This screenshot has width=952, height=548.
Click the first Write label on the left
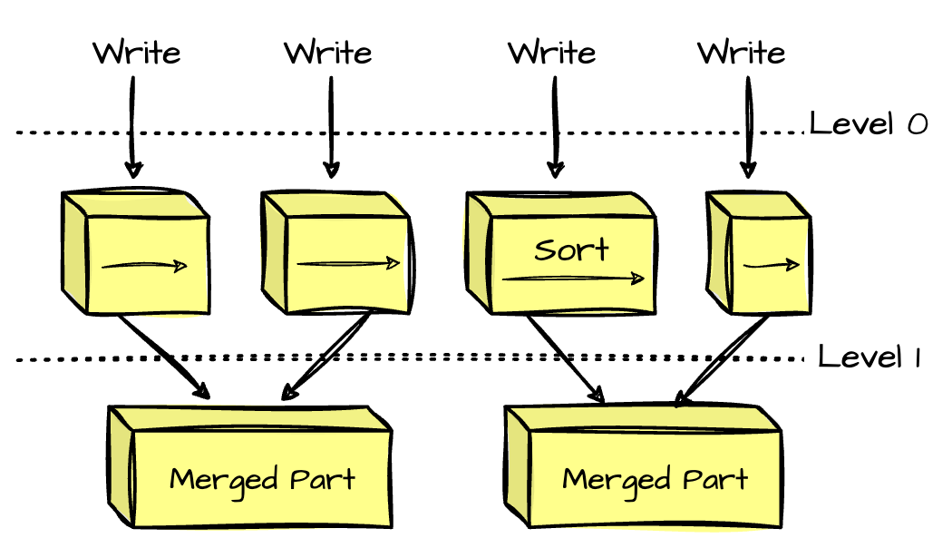tap(136, 52)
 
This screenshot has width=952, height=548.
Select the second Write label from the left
tap(328, 52)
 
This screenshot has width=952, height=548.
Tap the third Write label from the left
tap(551, 52)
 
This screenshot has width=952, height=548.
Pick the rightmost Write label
tap(742, 52)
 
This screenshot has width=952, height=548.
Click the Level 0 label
tap(868, 123)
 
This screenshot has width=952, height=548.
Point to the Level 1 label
tap(869, 357)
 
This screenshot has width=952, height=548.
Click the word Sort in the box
tap(571, 250)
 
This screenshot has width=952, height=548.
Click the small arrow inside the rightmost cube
tap(772, 266)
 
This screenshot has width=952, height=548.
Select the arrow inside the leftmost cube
tap(145, 267)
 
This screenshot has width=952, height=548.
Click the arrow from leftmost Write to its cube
tap(133, 127)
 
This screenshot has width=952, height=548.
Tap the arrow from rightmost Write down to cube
tap(748, 127)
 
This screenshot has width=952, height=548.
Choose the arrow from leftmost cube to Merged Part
tap(163, 357)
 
